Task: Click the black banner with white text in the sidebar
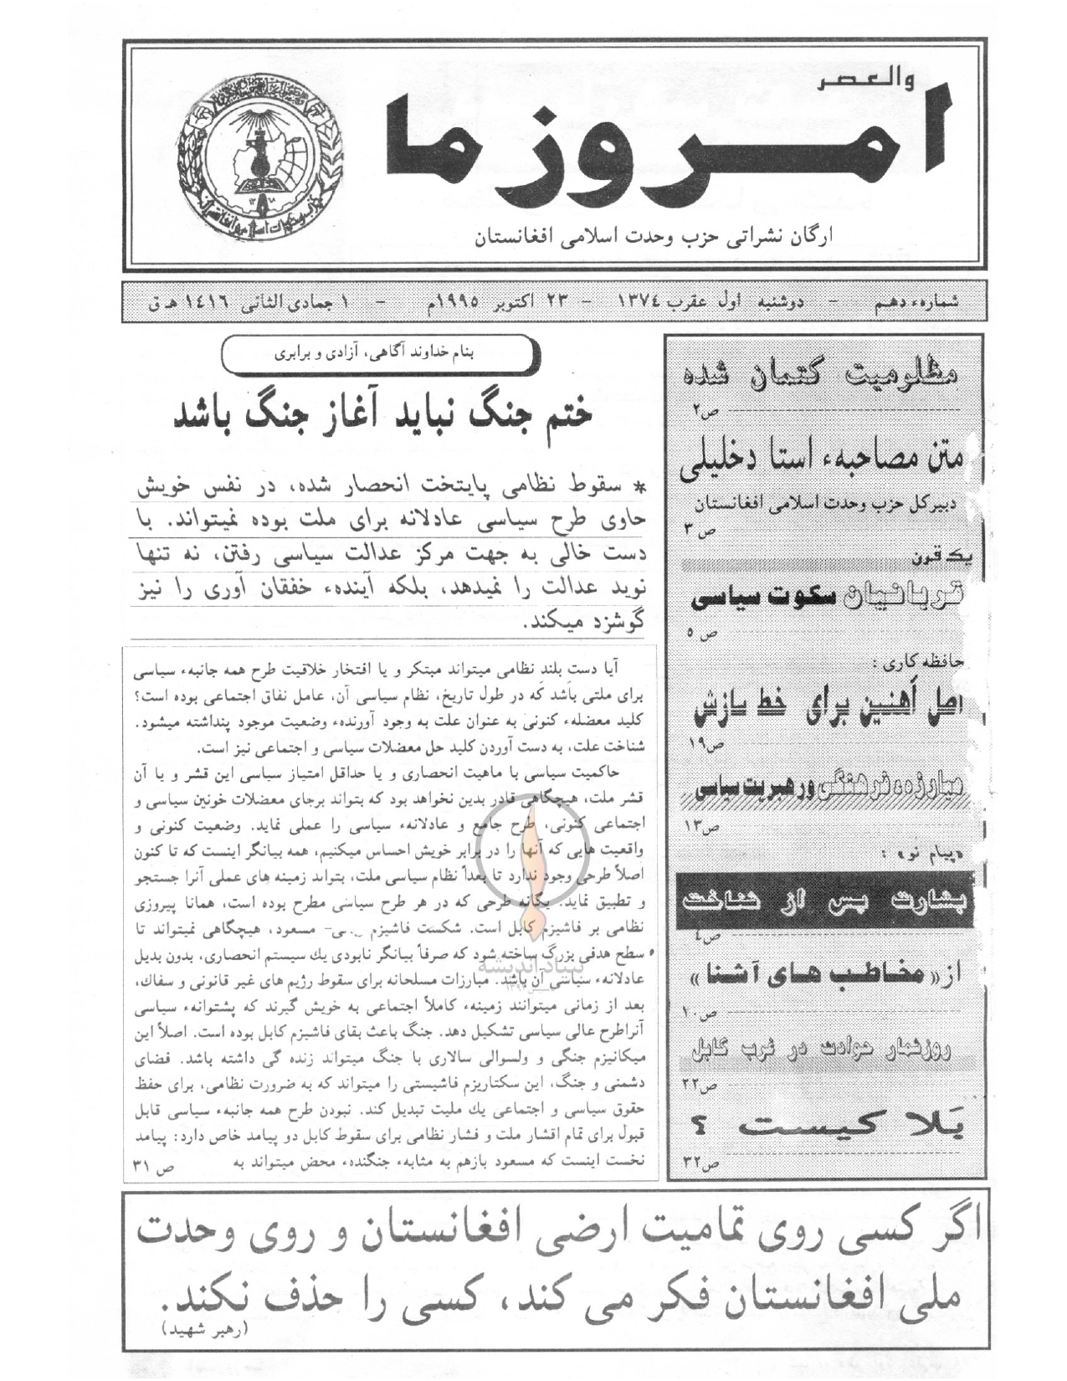824,901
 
